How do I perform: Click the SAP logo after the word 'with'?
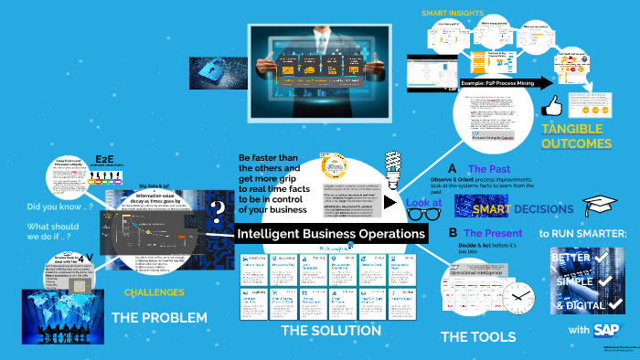605,329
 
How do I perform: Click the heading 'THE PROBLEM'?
158,318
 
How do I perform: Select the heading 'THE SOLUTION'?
330,330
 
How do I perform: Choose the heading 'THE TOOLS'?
477,336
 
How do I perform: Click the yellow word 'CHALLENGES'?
155,292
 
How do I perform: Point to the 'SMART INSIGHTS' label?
452,13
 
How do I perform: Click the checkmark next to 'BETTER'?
604,257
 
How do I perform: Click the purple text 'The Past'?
489,169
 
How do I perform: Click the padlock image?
214,69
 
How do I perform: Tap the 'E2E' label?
103,160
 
